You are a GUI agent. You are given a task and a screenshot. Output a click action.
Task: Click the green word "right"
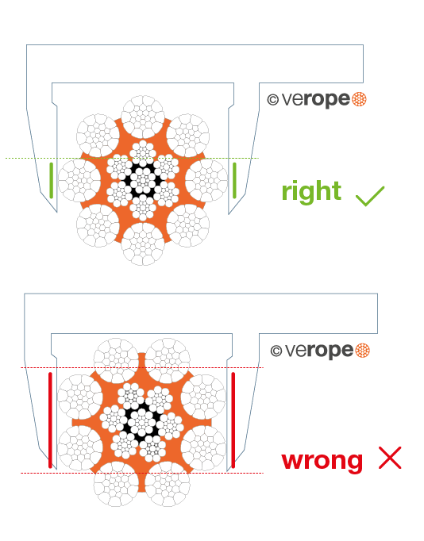311,192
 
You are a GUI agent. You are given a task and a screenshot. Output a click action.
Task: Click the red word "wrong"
322,460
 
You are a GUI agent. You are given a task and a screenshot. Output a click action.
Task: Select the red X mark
390,458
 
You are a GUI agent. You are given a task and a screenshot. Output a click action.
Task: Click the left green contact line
52,180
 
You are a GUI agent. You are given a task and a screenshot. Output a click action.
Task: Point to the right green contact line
234,180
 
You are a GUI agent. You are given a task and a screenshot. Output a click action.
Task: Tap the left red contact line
50,420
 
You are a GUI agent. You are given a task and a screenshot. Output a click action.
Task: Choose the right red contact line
233,420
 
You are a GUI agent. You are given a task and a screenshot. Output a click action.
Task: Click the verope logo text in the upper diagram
315,100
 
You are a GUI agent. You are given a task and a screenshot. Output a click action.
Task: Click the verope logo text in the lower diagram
319,351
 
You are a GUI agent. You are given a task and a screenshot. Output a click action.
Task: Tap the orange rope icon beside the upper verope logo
359,100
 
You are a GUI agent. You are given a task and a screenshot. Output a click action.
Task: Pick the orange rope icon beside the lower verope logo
362,351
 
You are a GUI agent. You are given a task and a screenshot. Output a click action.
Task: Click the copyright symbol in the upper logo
273,100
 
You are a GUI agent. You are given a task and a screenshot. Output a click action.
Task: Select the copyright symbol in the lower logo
276,351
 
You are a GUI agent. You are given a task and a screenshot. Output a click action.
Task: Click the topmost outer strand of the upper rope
143,117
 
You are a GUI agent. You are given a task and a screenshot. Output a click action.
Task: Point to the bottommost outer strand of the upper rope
143,244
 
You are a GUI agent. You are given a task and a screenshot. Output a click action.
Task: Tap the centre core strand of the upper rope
143,180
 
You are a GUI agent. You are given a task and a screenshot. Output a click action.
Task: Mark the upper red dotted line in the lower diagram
142,368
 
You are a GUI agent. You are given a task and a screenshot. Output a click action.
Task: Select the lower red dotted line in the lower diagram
142,473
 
